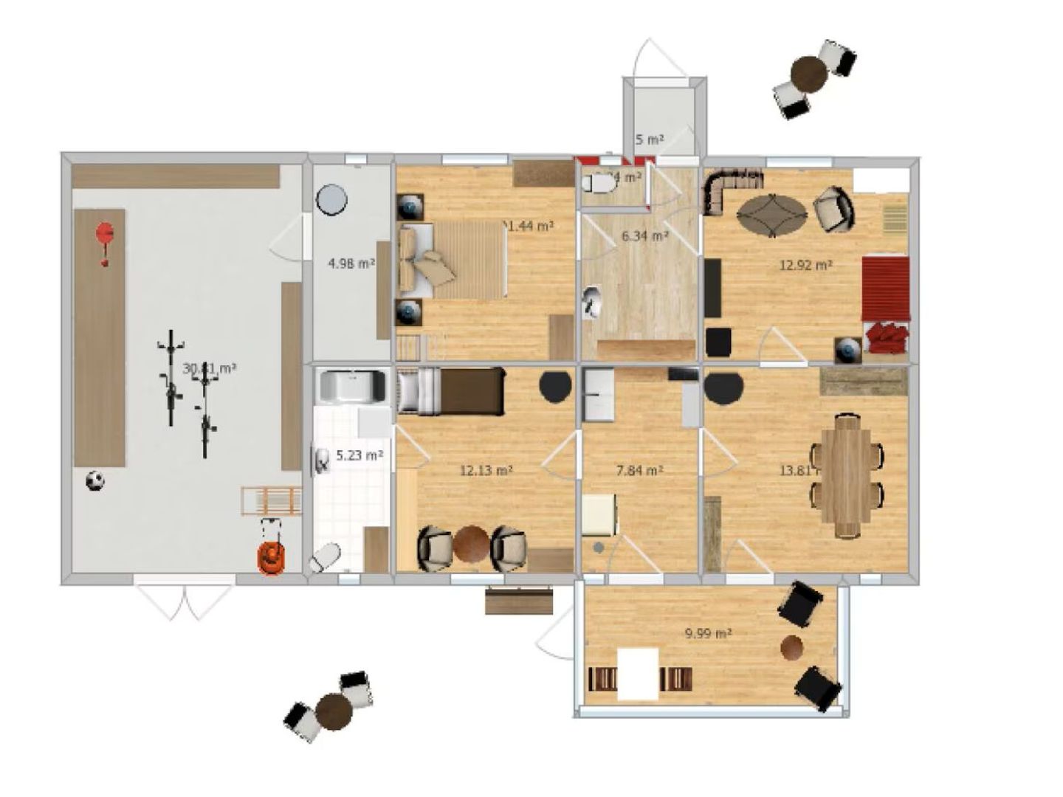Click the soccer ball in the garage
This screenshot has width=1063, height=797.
coord(94,482)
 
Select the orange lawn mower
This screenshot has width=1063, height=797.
coord(271,555)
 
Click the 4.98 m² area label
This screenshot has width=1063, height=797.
coord(351,263)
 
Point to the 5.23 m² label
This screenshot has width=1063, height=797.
coord(360,455)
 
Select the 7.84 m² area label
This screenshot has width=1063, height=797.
coord(639,470)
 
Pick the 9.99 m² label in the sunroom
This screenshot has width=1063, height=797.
coord(708,633)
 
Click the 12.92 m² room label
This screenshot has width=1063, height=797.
coord(806,265)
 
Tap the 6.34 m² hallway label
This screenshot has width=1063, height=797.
coord(644,236)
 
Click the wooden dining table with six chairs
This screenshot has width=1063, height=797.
coord(847,475)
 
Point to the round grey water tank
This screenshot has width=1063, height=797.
coord(331,199)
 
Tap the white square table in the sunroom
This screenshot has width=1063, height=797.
coord(638,674)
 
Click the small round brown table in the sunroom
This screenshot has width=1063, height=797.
coord(792,647)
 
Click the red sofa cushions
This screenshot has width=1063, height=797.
coord(888,336)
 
